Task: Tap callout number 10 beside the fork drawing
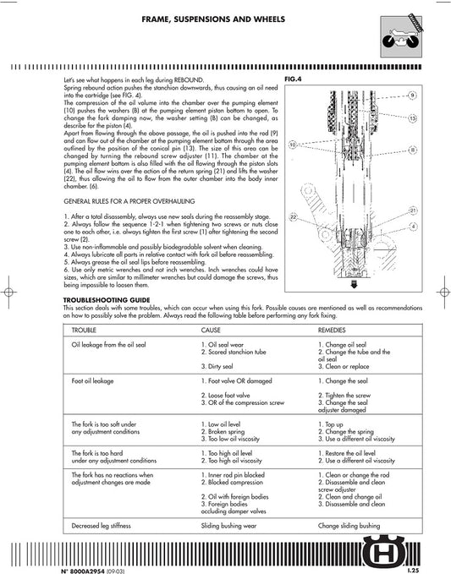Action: (293, 145)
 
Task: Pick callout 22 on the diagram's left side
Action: (293, 217)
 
